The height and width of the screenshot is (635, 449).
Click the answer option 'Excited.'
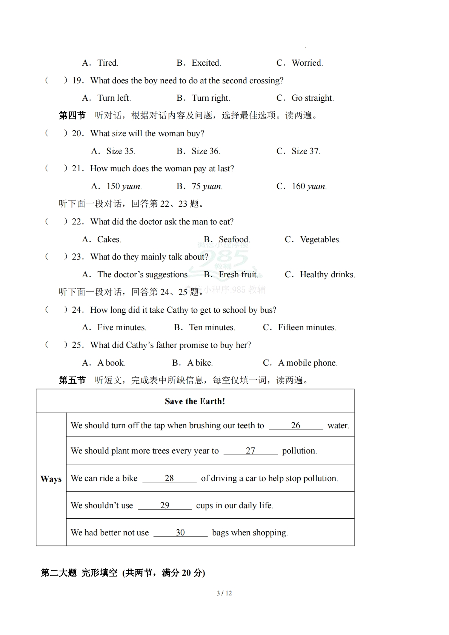point(206,63)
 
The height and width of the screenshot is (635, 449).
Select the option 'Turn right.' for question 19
point(211,98)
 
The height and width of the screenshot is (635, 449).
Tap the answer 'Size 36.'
point(206,151)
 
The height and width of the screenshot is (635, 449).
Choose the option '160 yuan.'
point(309,186)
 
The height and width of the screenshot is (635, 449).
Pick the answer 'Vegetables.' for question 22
point(320,240)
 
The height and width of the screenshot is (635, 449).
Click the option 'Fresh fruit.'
point(238,275)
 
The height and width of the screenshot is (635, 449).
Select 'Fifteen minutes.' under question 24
point(307,327)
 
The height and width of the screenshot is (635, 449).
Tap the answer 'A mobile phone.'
point(308,363)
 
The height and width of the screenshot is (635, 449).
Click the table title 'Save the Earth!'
point(195,401)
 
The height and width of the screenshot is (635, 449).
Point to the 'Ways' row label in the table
point(51,479)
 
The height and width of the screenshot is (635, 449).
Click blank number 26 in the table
point(296,426)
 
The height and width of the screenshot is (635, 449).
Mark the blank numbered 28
point(169,478)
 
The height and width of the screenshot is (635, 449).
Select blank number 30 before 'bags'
point(180,533)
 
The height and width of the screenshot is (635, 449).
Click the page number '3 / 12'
point(224,593)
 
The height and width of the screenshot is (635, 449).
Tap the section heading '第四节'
point(72,115)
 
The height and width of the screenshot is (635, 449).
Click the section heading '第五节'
point(72,380)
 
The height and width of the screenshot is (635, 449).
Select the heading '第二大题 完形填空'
point(79,573)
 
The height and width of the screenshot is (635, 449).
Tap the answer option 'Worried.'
point(307,63)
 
